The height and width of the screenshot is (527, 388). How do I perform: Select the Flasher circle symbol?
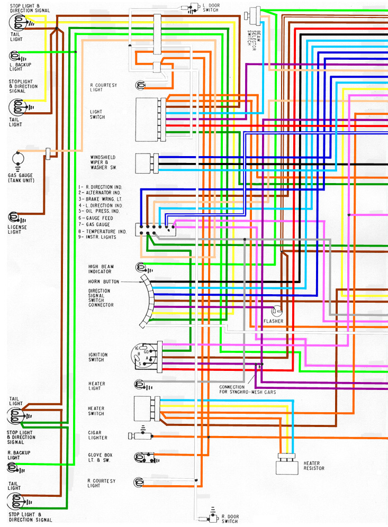[275, 311]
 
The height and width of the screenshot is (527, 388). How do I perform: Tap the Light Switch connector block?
[149, 119]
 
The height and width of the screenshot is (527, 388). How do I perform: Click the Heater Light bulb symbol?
[140, 384]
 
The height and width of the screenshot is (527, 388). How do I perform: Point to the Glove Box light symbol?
[141, 458]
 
